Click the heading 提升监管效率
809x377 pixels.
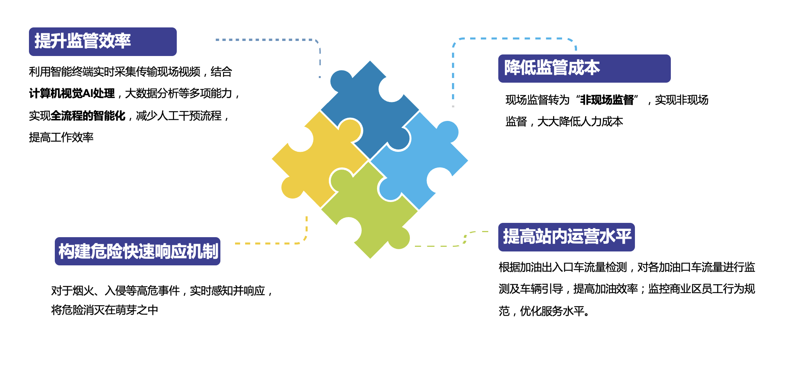[x=83, y=41]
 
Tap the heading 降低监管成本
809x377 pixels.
[x=552, y=68]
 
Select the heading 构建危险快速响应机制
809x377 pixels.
[x=138, y=251]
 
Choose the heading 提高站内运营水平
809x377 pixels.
[x=567, y=236]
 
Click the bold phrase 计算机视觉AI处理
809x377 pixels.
[x=72, y=93]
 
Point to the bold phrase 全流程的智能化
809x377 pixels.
[x=88, y=115]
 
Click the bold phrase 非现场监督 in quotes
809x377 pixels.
[x=607, y=100]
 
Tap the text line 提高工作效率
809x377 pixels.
[x=61, y=137]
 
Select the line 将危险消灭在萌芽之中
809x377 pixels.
[x=105, y=310]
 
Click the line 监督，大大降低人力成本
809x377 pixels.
[x=564, y=122]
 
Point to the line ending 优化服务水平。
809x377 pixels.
[x=544, y=311]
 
